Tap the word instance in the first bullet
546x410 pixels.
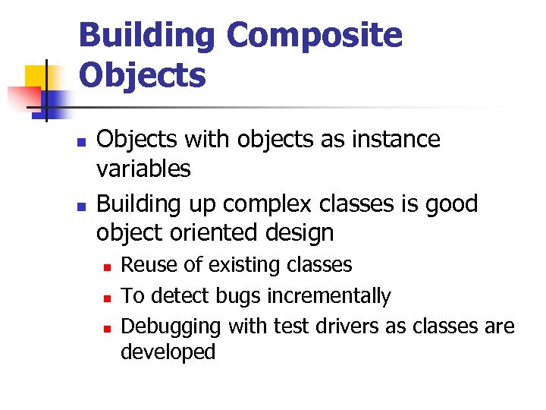coord(395,140)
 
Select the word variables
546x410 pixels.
coord(143,169)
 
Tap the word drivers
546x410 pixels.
coord(334,326)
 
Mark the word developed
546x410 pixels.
coord(168,352)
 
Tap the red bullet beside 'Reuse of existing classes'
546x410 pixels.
coord(108,266)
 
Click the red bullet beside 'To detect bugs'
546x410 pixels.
coord(108,297)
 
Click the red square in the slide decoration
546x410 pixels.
coord(23,98)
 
